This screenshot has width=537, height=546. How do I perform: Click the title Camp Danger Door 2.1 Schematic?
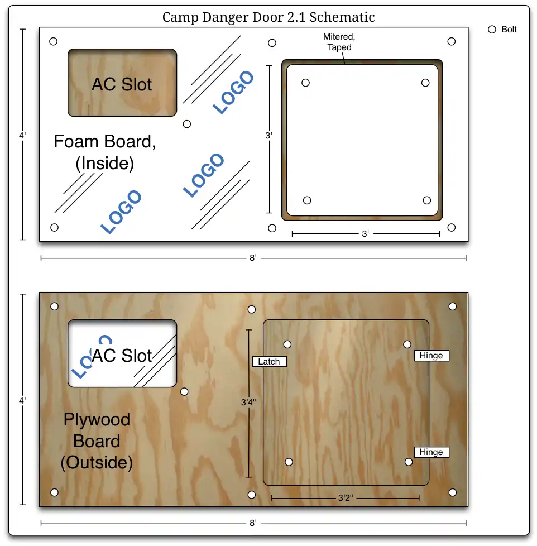[268, 17]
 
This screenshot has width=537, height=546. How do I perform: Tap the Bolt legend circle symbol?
[492, 30]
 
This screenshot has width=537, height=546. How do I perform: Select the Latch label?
[269, 361]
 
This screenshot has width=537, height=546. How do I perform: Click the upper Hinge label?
[431, 356]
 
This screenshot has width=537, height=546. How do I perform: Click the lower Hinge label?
[431, 452]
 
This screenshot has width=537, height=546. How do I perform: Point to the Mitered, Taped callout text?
[339, 42]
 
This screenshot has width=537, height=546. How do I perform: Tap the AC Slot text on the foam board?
[122, 84]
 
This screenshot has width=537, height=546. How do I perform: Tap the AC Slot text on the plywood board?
[122, 356]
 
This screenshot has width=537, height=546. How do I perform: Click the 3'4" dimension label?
[248, 402]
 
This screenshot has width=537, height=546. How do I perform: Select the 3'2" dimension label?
[346, 498]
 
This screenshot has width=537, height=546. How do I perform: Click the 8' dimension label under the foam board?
[253, 258]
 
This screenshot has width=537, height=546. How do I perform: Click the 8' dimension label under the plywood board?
[253, 523]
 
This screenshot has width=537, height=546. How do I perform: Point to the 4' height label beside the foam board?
[22, 135]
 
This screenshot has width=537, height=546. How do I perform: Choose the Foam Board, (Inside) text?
[105, 152]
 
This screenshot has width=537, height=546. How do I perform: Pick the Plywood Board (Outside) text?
[97, 441]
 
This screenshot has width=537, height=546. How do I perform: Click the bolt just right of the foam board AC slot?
[186, 124]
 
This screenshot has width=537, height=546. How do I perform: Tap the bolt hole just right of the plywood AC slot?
[184, 392]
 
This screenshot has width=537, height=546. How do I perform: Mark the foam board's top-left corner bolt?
[53, 41]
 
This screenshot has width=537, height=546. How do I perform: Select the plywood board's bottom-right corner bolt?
[452, 492]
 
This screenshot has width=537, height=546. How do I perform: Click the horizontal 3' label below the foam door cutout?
[365, 234]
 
